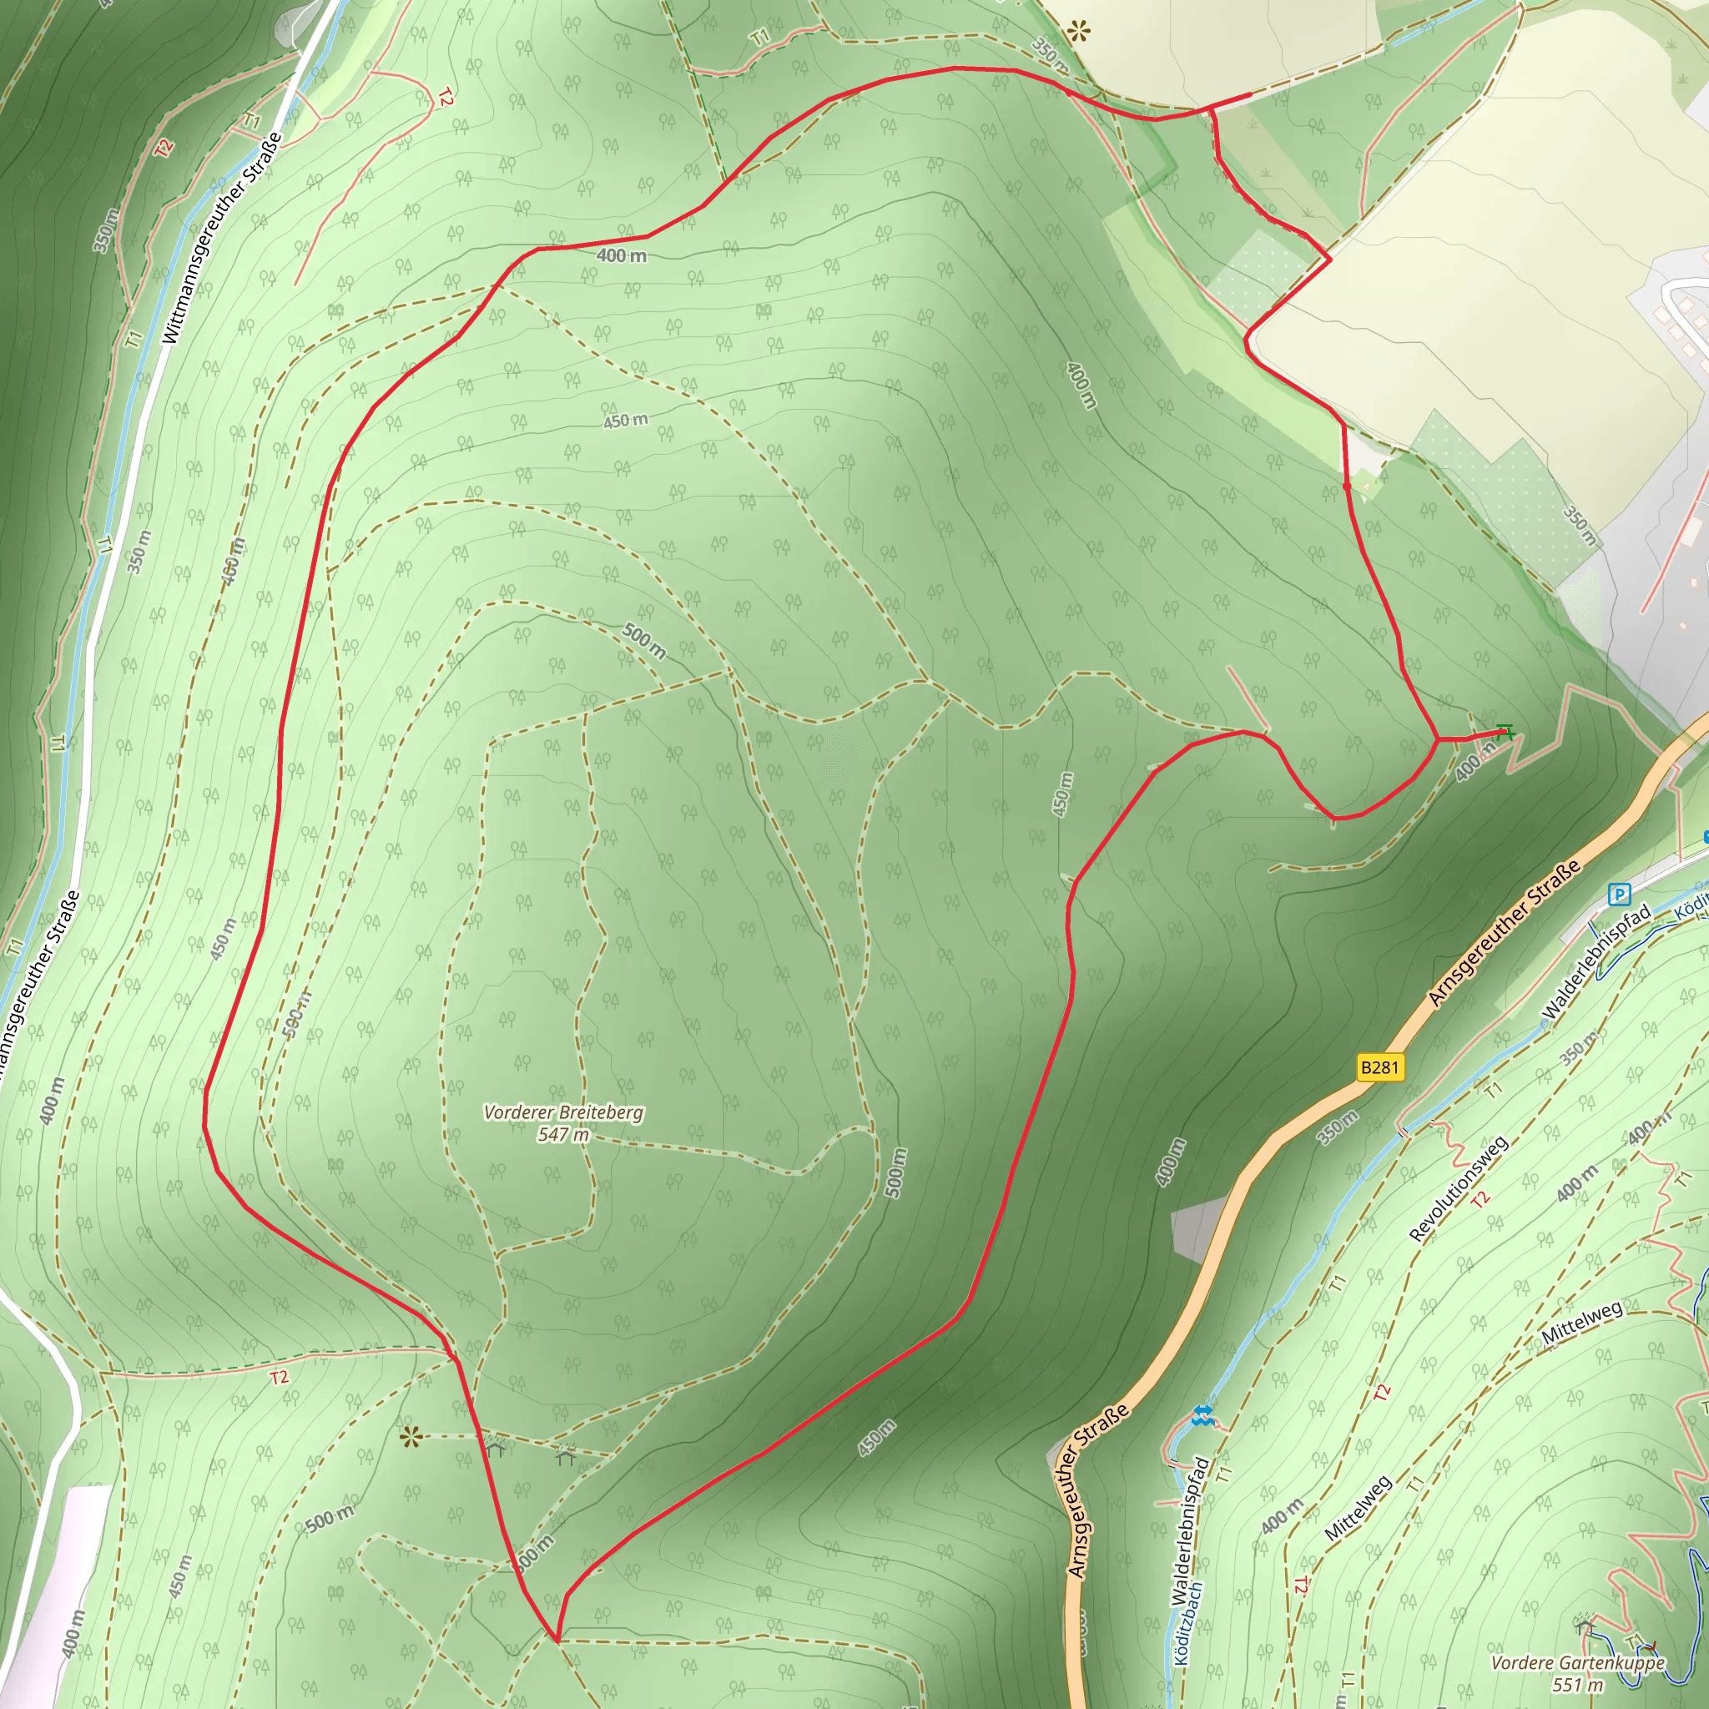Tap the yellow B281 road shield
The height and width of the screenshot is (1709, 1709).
coord(1379,1067)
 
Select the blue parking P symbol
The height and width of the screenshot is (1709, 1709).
coord(1619,895)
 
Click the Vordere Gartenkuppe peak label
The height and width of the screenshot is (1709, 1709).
coord(1577,1663)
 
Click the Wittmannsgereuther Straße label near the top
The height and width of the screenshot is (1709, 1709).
coord(222,238)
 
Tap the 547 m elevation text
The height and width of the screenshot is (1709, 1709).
coord(563,1135)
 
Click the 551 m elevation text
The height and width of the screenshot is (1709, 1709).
coord(1577,1685)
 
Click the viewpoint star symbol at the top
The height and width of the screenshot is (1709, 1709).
coord(1078,33)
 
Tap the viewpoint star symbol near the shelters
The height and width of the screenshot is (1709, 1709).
coord(410,1438)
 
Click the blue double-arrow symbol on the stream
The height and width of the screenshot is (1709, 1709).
coord(1202,1416)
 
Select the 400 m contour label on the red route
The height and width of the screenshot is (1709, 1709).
coord(621,255)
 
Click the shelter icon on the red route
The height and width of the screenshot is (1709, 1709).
coord(495,1448)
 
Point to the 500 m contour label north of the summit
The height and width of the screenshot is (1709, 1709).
coord(644,640)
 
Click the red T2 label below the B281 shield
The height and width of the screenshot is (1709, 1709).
coord(1480,1199)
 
